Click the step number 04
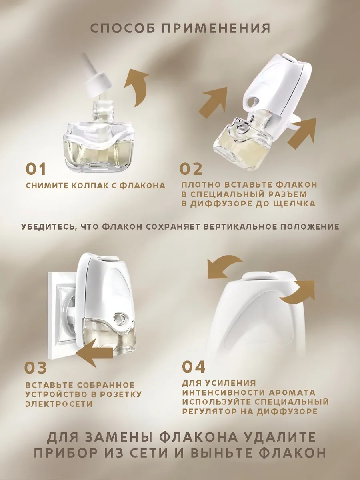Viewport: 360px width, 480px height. tap(194, 366)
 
